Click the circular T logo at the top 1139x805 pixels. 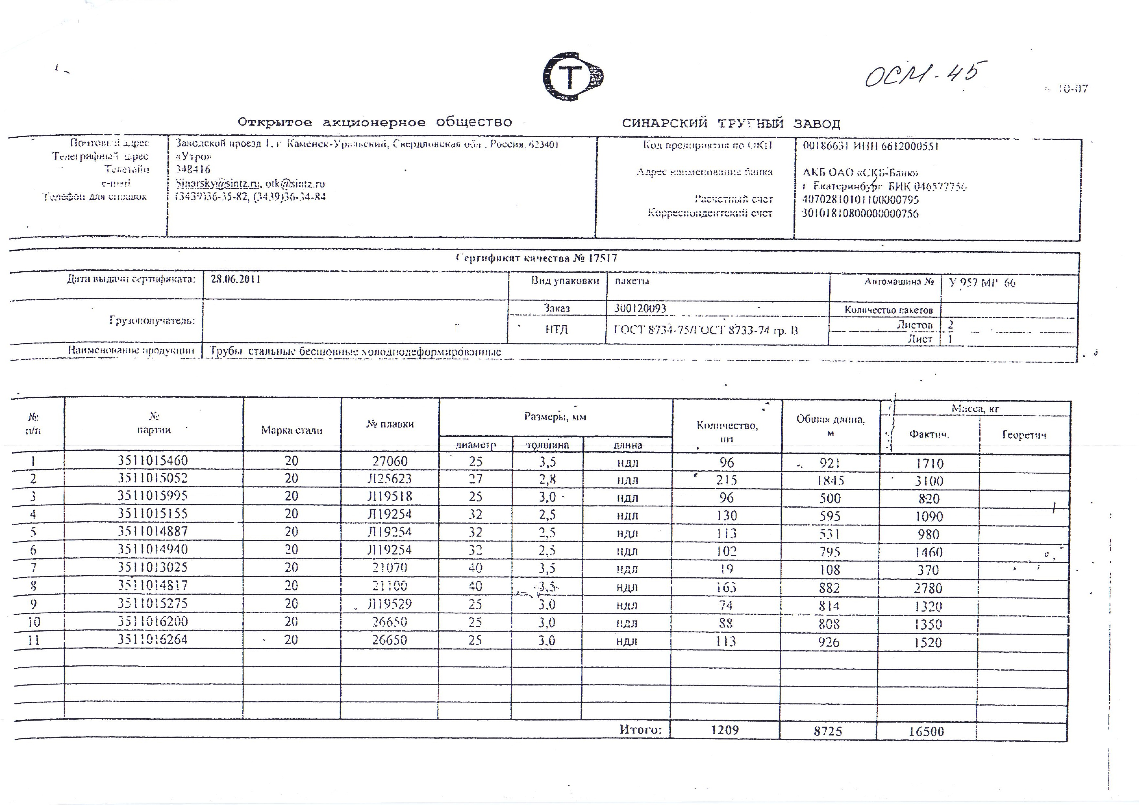pos(573,77)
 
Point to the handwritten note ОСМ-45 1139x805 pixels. pos(923,77)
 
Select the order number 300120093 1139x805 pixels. pos(640,308)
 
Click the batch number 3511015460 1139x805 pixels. pos(153,461)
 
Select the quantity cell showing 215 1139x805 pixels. pos(726,480)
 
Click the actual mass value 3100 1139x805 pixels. pos(929,481)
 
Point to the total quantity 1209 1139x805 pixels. pos(725,730)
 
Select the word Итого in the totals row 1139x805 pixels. pos(640,730)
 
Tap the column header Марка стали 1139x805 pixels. pos(292,430)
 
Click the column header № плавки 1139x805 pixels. pos(390,424)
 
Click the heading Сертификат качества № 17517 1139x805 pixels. pos(537,258)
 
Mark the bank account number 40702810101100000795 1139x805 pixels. pos(860,200)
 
